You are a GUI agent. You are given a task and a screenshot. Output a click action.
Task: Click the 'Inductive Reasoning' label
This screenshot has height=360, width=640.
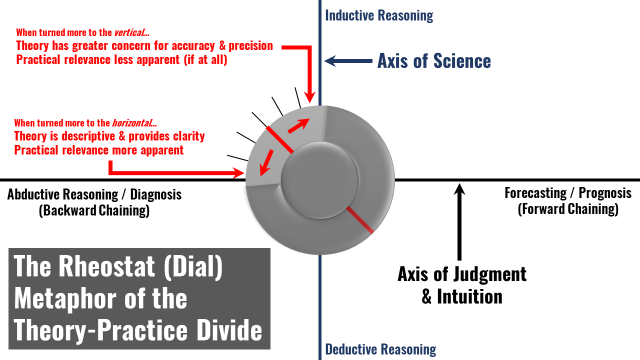click(x=379, y=15)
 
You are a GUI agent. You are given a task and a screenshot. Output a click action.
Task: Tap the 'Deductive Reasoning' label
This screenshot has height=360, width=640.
click(x=380, y=349)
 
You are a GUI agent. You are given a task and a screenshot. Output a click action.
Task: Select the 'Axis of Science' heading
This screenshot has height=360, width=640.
click(x=434, y=61)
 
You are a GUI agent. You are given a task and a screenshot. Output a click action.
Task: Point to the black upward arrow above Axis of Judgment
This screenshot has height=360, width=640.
click(x=460, y=220)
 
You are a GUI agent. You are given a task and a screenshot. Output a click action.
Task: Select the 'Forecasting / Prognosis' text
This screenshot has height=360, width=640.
click(x=568, y=193)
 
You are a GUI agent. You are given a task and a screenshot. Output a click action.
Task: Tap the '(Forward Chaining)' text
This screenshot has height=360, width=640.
click(x=568, y=208)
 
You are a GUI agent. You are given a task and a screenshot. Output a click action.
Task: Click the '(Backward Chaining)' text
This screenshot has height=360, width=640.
click(x=94, y=210)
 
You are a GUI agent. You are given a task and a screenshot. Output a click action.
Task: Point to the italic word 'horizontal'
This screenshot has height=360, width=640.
click(x=132, y=123)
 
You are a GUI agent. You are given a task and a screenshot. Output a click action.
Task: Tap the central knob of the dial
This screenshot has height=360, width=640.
click(x=320, y=180)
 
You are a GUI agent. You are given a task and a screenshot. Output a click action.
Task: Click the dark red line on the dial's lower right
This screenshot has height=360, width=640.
click(x=359, y=219)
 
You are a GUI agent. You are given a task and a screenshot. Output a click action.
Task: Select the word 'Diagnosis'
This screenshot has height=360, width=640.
click(x=154, y=194)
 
